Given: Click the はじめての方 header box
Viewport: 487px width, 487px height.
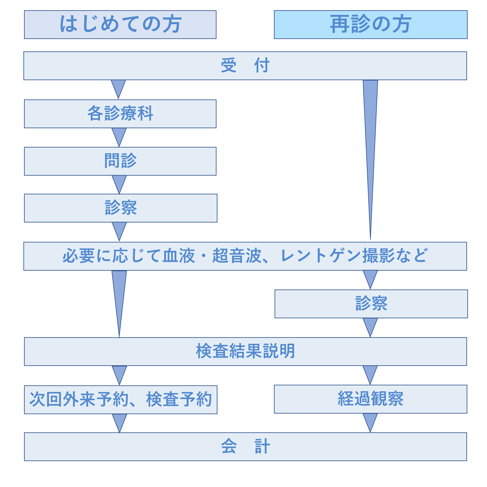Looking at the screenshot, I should (x=120, y=24).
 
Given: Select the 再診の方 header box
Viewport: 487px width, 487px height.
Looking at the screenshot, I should (x=371, y=24).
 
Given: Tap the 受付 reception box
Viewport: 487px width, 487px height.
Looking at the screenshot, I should (x=245, y=66).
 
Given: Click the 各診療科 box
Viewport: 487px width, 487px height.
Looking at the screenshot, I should (x=120, y=114).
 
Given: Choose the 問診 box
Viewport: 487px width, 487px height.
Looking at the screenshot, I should (x=120, y=161).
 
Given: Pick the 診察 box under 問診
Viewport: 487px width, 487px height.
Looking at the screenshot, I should (x=121, y=208).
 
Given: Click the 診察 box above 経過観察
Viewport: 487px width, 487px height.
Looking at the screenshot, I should (x=371, y=304).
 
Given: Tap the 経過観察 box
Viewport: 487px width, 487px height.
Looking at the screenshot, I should (x=371, y=399).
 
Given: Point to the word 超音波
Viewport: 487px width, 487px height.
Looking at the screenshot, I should (x=237, y=256).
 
